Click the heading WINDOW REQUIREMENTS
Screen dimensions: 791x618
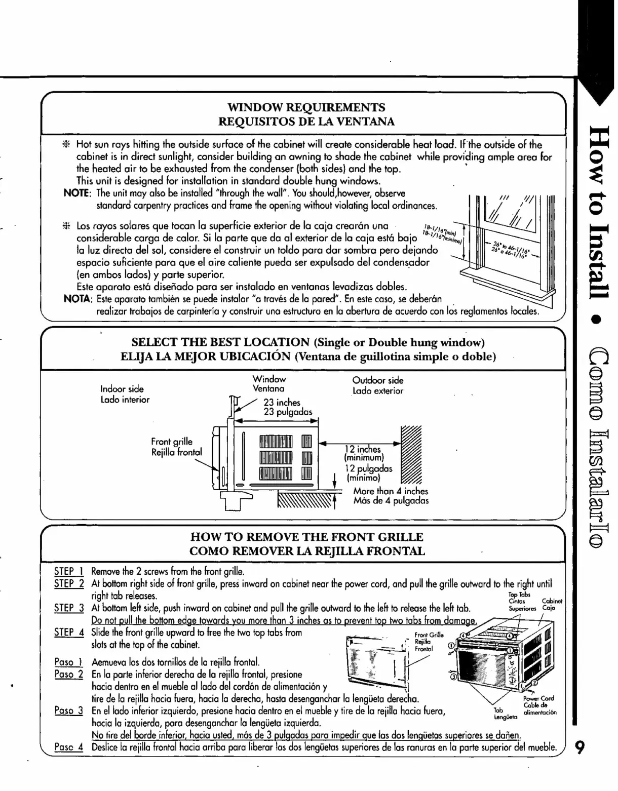tap(306, 107)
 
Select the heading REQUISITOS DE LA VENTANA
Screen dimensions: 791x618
tap(306, 122)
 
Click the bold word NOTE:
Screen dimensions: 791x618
tap(74, 193)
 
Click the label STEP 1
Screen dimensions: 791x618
tap(68, 572)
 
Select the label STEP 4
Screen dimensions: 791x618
tap(68, 632)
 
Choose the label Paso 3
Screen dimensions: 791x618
tap(68, 710)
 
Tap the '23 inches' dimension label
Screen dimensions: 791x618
tap(282, 403)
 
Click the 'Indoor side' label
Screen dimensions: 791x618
tap(122, 389)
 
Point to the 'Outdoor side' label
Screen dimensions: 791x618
tap(378, 380)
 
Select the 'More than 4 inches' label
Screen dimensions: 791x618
tap(391, 491)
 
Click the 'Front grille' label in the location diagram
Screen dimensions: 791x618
tap(172, 442)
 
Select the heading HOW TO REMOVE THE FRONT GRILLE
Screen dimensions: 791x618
tap(306, 537)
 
